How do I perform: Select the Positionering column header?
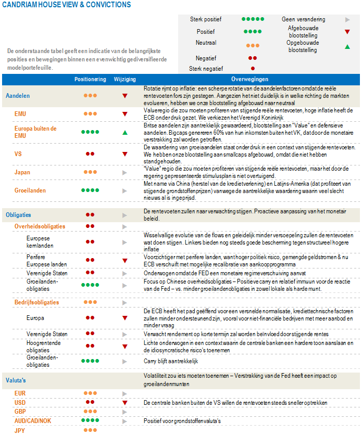pyautogui.click(x=91, y=80)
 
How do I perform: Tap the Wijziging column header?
pyautogui.click(x=124, y=80)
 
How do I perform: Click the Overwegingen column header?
pyautogui.click(x=249, y=80)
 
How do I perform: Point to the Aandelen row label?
pyautogui.click(x=18, y=96)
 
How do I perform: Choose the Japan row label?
pyautogui.click(x=22, y=172)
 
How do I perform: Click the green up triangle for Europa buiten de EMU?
pyautogui.click(x=125, y=133)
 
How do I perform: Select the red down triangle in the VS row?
pyautogui.click(x=125, y=153)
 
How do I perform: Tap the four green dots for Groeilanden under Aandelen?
pyautogui.click(x=91, y=190)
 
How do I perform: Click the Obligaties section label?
pyautogui.click(x=19, y=214)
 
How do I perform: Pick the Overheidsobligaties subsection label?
pyautogui.click(x=40, y=226)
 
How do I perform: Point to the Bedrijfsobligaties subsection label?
pyautogui.click(x=36, y=302)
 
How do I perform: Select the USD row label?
pyautogui.click(x=20, y=402)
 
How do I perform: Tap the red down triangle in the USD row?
pyautogui.click(x=125, y=403)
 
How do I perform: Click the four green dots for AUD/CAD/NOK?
pyautogui.click(x=91, y=420)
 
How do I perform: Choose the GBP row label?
pyautogui.click(x=20, y=411)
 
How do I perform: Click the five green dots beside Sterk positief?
pyautogui.click(x=252, y=19)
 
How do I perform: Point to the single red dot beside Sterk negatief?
pyautogui.click(x=253, y=68)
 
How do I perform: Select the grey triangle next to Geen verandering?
pyautogui.click(x=347, y=19)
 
